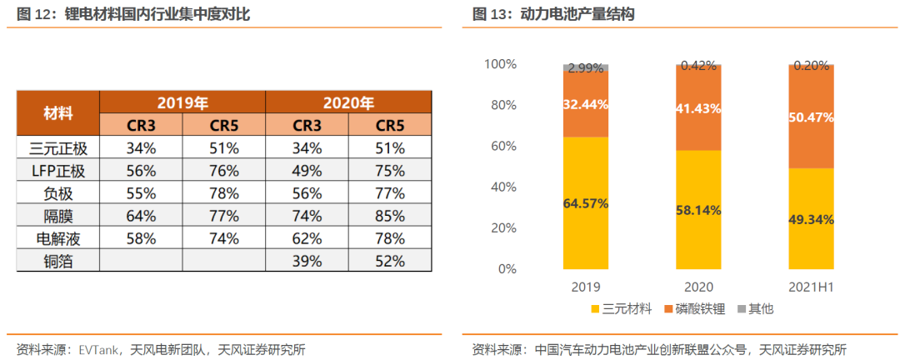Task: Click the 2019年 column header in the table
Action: pos(182,102)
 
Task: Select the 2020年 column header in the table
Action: pos(348,102)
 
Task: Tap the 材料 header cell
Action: pos(58,114)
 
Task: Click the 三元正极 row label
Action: pos(58,148)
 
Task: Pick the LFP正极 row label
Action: pos(58,171)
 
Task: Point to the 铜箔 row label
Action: pos(58,261)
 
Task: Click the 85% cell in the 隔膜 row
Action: pos(390,216)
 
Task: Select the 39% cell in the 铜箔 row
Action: pos(307,261)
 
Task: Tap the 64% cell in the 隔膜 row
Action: pos(141,216)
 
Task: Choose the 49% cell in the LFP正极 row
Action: pos(307,171)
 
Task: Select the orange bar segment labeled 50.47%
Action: pos(811,117)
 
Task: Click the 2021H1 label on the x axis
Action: pos(811,287)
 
